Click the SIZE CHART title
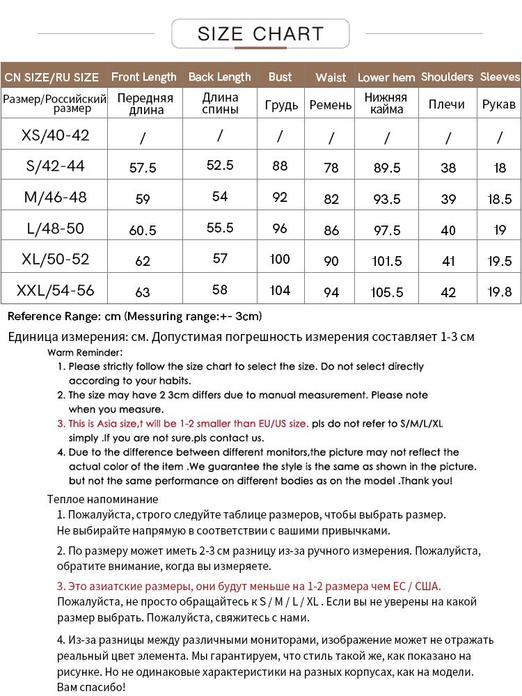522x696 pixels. point(260,33)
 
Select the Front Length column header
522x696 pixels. point(144,77)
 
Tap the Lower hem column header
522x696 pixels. point(386,77)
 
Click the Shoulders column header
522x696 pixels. point(447,77)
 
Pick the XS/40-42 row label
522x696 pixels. point(56,134)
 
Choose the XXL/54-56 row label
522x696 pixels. point(56,290)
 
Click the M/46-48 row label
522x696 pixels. point(56,197)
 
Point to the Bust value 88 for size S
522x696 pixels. point(280,166)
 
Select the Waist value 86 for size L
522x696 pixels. point(331,230)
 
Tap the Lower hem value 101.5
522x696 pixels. point(387,262)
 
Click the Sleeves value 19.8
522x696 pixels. point(500,292)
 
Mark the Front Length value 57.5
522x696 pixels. point(143,168)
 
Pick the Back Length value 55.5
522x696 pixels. point(220,228)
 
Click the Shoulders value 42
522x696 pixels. point(448,292)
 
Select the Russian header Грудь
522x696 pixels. point(281,105)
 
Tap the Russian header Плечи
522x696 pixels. point(447,104)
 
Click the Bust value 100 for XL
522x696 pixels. point(280,259)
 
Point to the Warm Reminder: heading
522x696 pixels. point(85,352)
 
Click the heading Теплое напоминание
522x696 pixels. point(103,499)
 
